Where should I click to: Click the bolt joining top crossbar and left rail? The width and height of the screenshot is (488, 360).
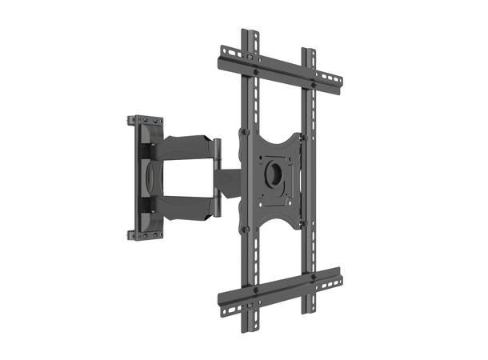(x=255, y=71)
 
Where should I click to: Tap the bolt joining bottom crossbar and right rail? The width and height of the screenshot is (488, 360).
(x=314, y=278)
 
